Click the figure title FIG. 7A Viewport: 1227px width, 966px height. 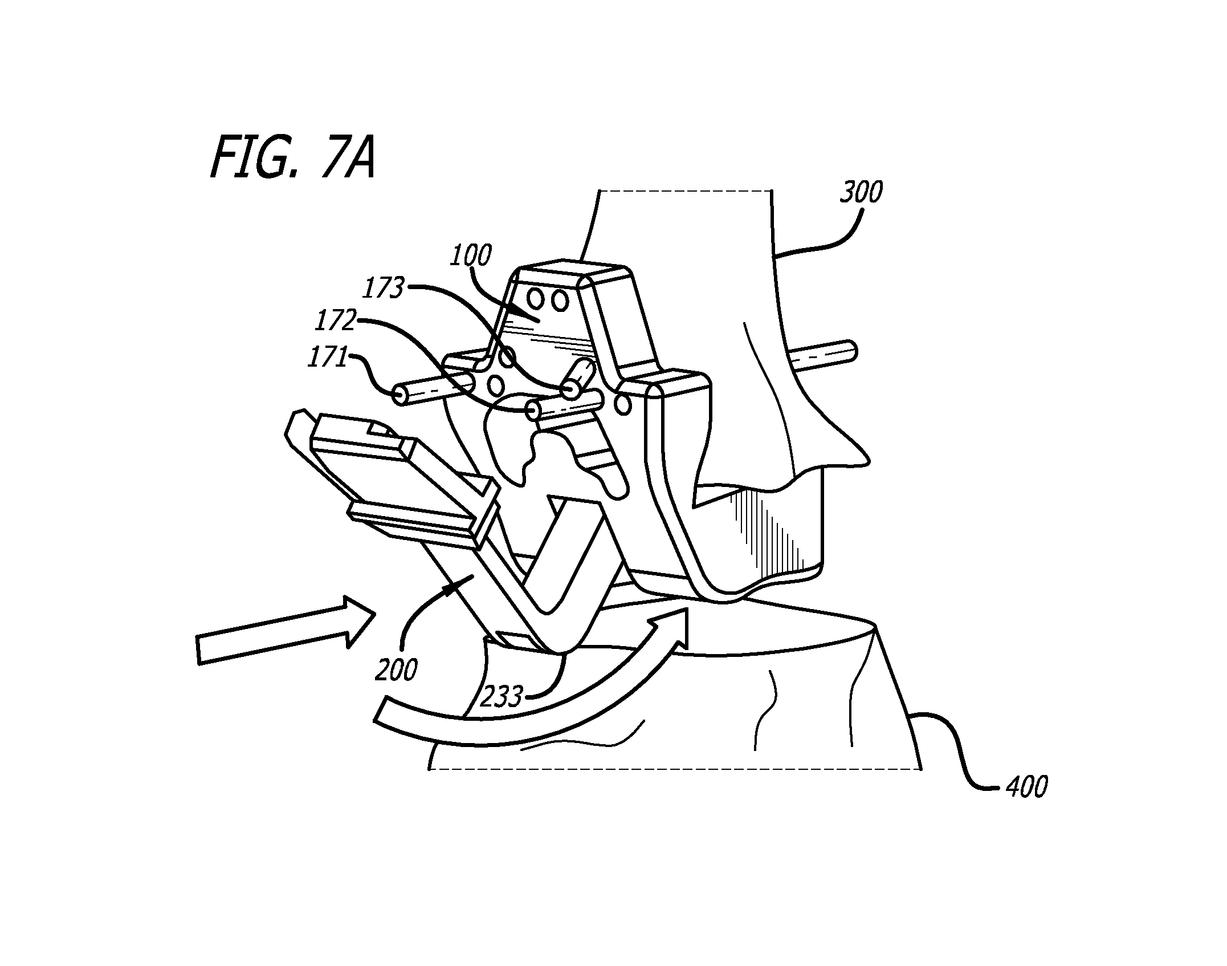tap(293, 157)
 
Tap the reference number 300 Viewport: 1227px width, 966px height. tap(861, 192)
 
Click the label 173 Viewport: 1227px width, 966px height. tap(383, 289)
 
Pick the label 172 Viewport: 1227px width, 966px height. tap(336, 322)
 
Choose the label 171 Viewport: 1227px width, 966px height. tap(327, 358)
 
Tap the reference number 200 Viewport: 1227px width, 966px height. tap(396, 669)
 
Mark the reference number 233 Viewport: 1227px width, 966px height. tap(502, 696)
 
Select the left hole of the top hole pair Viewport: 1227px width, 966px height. tap(536, 297)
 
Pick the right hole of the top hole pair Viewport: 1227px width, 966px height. tap(560, 301)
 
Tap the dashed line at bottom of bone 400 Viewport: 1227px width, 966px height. tap(675, 769)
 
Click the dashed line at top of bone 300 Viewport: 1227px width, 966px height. tap(686, 190)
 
